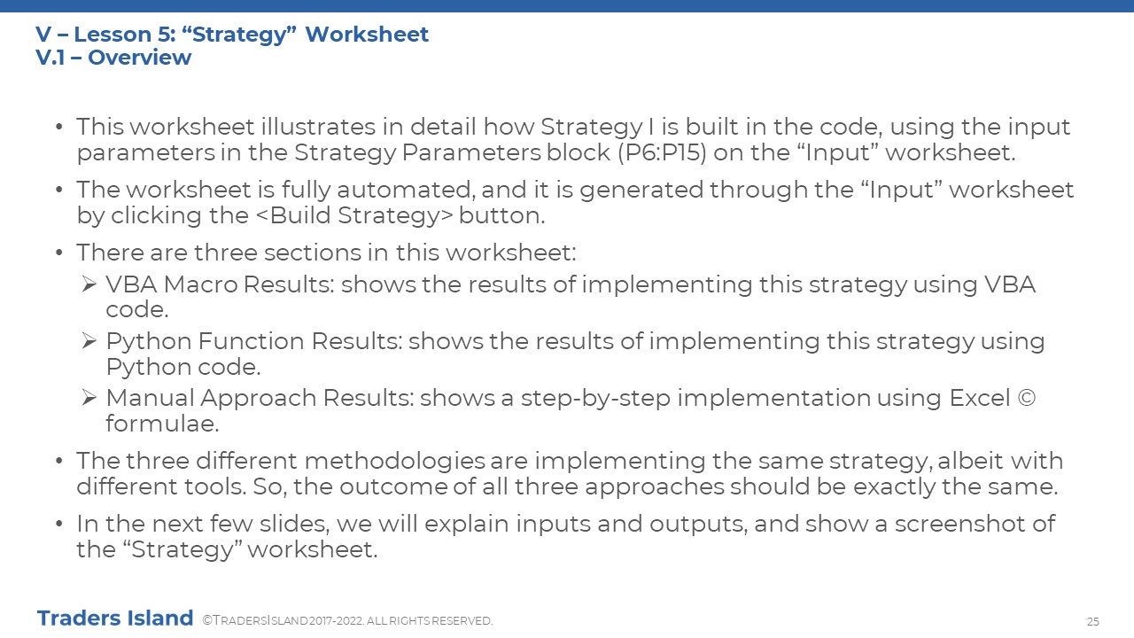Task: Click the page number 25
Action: click(1092, 621)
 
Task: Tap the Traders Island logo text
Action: click(115, 619)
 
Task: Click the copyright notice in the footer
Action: click(347, 621)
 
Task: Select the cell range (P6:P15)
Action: click(662, 152)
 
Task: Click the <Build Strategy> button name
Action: click(354, 215)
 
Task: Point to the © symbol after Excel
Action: click(1026, 398)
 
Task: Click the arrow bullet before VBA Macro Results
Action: click(89, 284)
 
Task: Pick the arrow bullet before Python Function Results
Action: click(89, 341)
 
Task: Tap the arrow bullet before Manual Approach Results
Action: click(89, 398)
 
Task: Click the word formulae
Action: click(162, 424)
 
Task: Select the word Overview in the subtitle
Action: click(140, 58)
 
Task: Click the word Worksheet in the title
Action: click(367, 35)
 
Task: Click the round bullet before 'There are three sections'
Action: click(59, 253)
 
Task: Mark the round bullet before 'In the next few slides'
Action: click(59, 524)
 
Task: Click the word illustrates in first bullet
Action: click(318, 127)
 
